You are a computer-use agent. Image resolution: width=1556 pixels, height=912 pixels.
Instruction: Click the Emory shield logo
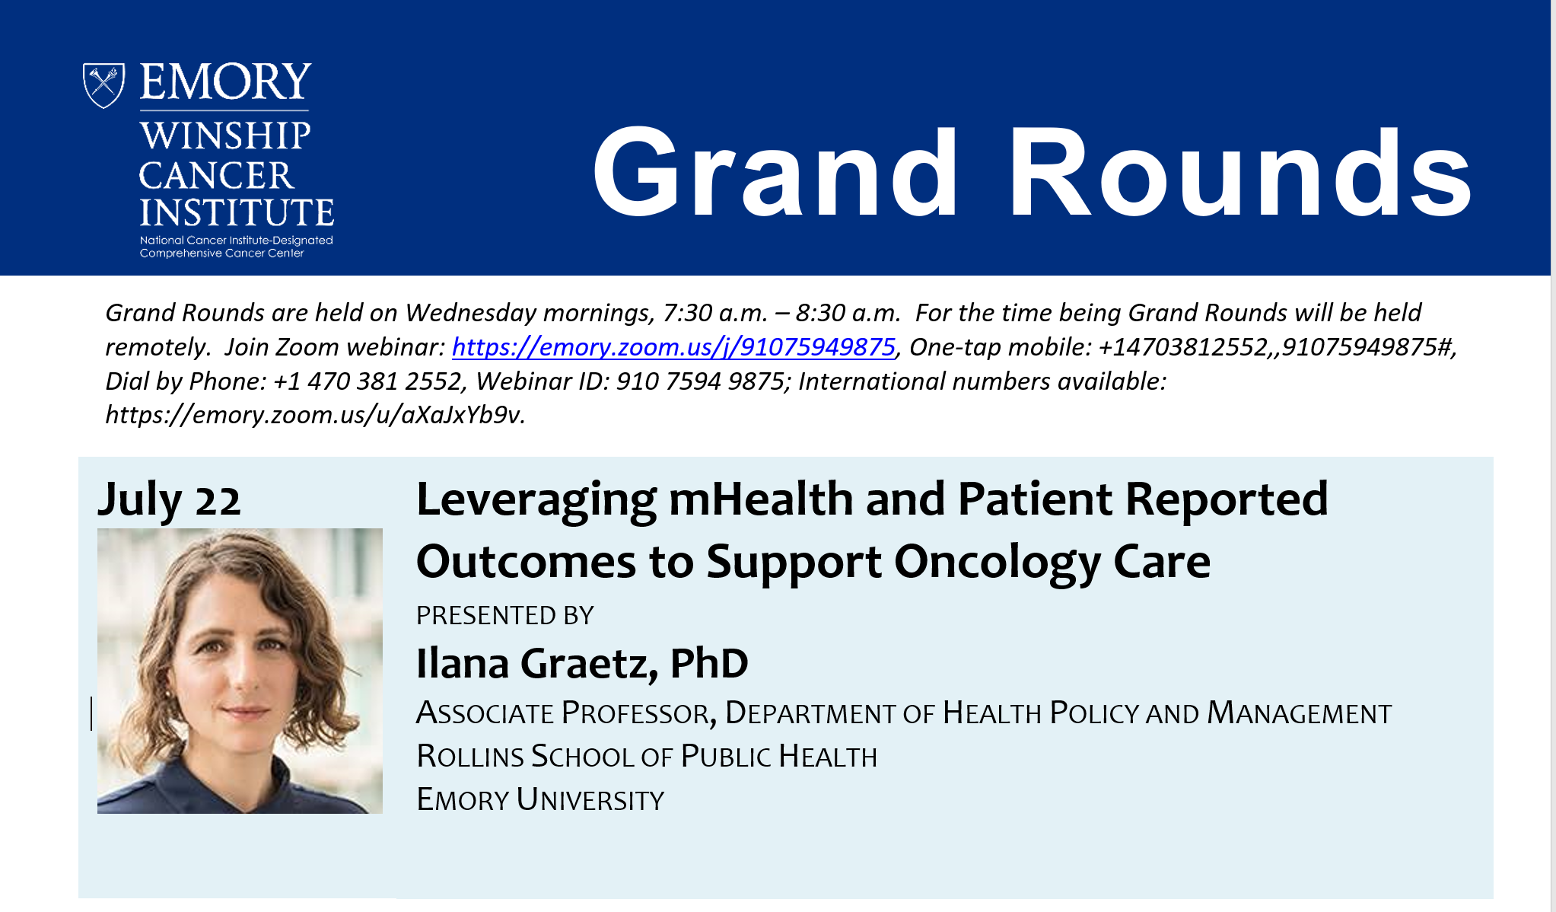click(103, 85)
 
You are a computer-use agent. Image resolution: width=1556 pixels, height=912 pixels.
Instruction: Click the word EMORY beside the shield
click(225, 82)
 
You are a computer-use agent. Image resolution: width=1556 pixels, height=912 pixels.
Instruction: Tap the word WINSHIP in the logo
click(225, 136)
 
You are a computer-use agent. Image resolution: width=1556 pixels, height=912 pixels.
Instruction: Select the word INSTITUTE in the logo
click(237, 212)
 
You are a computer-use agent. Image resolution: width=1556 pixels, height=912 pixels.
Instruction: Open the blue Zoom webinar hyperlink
click(673, 347)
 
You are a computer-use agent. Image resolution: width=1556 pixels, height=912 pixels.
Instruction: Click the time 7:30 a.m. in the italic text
click(714, 313)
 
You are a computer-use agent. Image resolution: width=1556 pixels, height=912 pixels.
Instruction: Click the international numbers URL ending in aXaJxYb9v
click(315, 415)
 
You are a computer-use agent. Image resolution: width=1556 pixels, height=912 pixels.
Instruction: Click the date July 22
click(169, 501)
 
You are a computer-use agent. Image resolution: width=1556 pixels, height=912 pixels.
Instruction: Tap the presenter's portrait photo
click(240, 671)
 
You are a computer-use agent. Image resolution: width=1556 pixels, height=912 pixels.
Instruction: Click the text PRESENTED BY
click(504, 615)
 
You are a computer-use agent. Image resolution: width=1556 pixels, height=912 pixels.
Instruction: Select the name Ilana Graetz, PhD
click(582, 663)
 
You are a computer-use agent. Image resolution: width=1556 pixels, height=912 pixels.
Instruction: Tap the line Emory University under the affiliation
click(540, 799)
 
